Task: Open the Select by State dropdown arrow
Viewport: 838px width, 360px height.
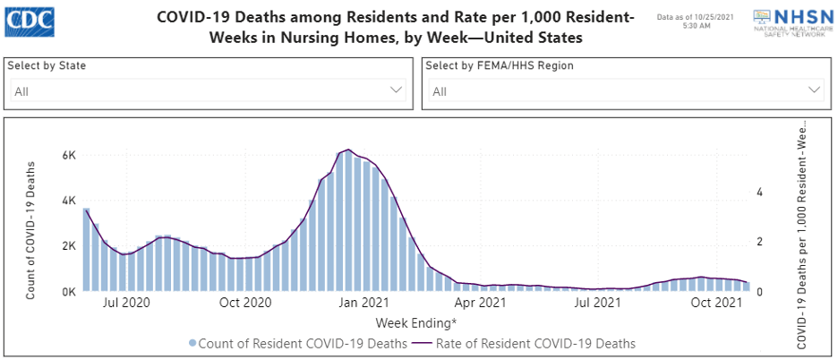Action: coord(397,90)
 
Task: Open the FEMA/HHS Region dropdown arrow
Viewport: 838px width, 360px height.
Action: coord(814,90)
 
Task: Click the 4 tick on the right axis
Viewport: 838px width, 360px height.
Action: coord(759,193)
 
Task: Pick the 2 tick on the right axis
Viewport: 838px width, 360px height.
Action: coord(759,243)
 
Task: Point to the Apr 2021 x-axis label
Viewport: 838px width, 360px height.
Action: coord(481,304)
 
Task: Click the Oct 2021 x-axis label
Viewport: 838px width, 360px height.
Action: coord(719,304)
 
